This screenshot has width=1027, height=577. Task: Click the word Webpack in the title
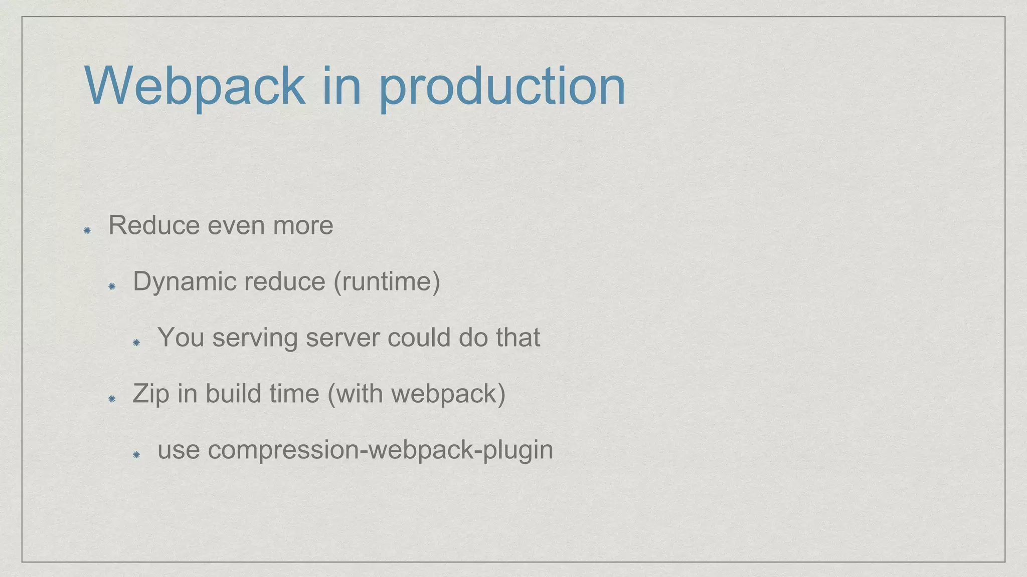pos(195,86)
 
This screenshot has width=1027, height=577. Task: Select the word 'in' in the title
pos(341,86)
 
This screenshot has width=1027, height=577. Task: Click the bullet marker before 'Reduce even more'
pos(87,230)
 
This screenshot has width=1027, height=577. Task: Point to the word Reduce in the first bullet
pos(154,225)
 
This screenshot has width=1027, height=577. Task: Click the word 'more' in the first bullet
pos(302,226)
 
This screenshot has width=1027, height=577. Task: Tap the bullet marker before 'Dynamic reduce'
pos(112,286)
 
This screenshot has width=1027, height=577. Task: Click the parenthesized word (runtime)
pos(387,281)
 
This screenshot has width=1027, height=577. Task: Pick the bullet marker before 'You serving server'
pos(136,343)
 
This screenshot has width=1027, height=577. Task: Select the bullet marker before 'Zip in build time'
pos(112,399)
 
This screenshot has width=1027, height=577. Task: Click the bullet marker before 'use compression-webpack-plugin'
pos(136,455)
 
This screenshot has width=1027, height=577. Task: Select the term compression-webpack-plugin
pos(380,450)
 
